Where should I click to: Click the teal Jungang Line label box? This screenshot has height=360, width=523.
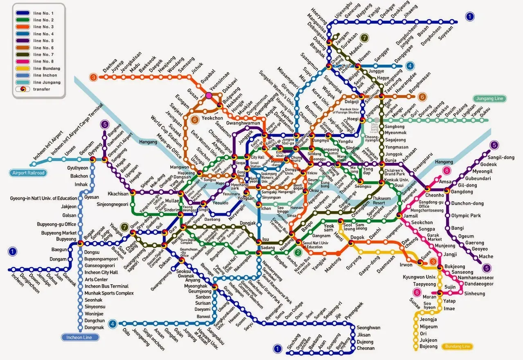[489, 99]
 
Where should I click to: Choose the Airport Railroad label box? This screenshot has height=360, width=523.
[27, 173]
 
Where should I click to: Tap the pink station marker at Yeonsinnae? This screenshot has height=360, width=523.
[209, 95]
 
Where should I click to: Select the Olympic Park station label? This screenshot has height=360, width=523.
[466, 216]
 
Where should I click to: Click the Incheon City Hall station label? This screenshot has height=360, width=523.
[101, 272]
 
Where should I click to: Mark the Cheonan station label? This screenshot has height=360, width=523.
[365, 349]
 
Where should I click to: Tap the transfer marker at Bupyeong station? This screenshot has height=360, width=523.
[81, 243]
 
